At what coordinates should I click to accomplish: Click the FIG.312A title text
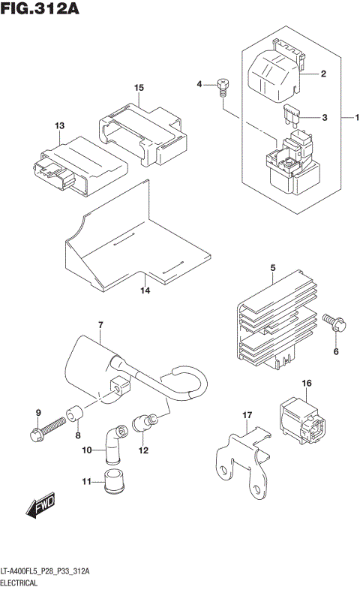[41, 10]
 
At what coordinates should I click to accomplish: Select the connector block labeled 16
[300, 419]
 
